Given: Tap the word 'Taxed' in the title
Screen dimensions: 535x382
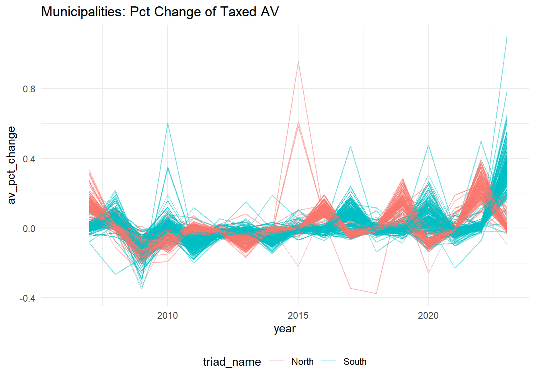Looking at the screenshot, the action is tap(238, 12).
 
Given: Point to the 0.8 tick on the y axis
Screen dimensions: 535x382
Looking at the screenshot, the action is tap(29, 89).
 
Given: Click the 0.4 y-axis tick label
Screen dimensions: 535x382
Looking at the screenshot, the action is tap(29, 159).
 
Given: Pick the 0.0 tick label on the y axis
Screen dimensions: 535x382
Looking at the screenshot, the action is tap(29, 229).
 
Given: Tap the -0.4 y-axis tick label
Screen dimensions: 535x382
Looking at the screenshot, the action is tap(27, 298).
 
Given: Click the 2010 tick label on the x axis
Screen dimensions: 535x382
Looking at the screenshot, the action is tap(168, 316).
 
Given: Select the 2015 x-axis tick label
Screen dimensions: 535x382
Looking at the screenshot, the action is tap(298, 316).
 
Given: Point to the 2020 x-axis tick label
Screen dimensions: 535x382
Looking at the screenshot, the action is tap(428, 316).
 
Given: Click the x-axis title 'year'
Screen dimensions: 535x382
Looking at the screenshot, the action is tap(285, 329).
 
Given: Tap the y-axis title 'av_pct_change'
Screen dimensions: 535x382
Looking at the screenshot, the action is tap(11, 165).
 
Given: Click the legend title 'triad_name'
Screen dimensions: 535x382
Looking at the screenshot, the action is tap(232, 362).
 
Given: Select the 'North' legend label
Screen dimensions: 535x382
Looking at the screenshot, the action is tap(303, 362).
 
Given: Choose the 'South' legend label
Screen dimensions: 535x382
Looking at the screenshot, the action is tap(355, 362).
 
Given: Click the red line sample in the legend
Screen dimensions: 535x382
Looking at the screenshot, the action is tap(276, 362).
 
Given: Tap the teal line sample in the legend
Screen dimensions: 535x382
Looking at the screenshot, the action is tap(329, 362).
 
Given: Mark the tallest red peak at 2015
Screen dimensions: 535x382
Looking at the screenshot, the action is tap(298, 61).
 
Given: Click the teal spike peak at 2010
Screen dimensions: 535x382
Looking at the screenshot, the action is tap(168, 123).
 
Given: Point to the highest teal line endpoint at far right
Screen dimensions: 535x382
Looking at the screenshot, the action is tap(507, 37).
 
